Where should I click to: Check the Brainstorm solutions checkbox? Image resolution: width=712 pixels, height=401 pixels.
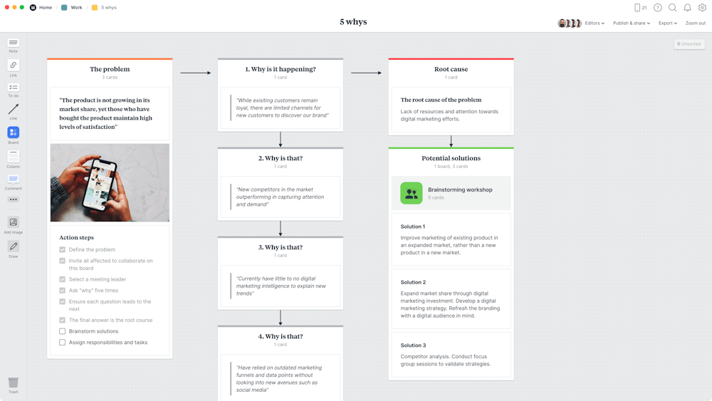(x=63, y=331)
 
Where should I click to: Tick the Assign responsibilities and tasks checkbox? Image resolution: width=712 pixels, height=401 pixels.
(x=63, y=343)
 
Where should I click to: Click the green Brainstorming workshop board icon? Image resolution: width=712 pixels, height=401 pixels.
(x=411, y=193)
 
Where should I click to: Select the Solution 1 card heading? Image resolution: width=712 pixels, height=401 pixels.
(x=413, y=226)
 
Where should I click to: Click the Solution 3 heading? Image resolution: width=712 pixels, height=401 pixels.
(x=413, y=345)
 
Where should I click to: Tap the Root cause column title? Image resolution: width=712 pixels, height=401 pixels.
(x=451, y=70)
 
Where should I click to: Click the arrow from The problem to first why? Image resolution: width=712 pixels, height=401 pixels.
(x=195, y=73)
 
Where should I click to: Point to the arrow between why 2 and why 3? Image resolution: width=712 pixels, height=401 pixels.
(x=281, y=228)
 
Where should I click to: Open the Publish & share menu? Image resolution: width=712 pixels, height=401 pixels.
(x=631, y=23)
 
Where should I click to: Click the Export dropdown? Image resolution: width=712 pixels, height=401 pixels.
(x=667, y=23)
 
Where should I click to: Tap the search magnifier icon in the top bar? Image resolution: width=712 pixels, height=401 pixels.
(x=672, y=8)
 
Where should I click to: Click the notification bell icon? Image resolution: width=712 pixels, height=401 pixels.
(x=687, y=8)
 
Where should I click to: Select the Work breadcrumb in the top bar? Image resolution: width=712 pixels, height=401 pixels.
(x=76, y=8)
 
